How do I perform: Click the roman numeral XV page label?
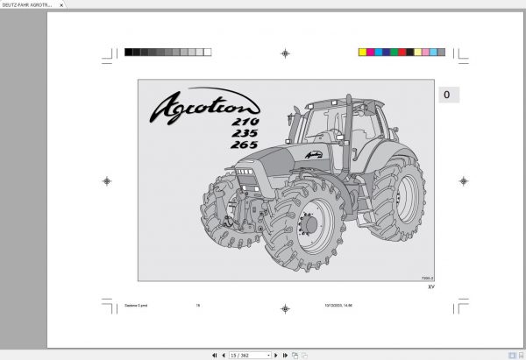click(x=430, y=286)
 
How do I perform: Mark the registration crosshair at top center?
click(x=285, y=53)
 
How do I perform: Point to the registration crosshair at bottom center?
click(x=285, y=308)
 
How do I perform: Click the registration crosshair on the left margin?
click(x=107, y=181)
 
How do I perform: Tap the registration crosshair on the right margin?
click(x=463, y=181)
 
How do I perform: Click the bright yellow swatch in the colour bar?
click(x=363, y=53)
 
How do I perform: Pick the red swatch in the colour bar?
click(x=406, y=53)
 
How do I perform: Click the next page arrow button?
click(x=275, y=355)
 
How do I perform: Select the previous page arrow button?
click(x=223, y=355)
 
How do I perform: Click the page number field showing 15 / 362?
click(x=247, y=355)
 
